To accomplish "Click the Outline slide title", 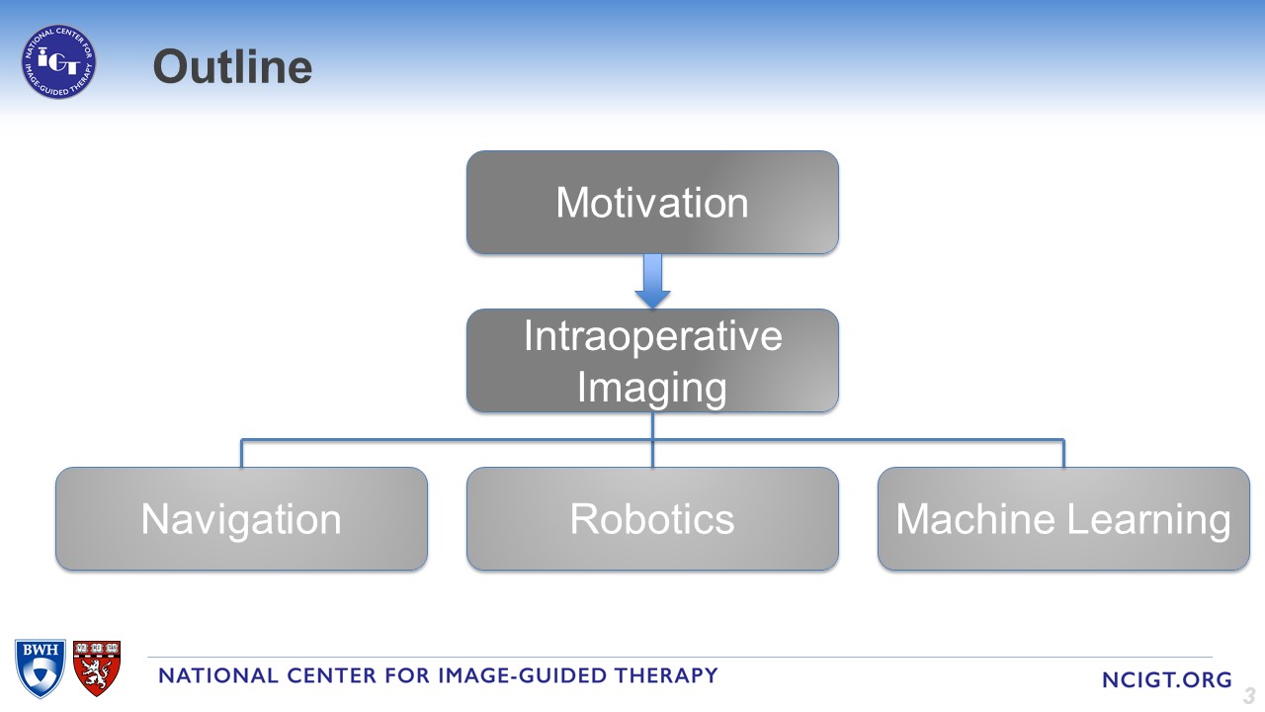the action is (232, 66).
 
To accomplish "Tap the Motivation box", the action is (652, 203).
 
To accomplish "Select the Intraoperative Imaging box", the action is (652, 361).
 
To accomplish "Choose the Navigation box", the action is (241, 519).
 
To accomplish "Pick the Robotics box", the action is (652, 519).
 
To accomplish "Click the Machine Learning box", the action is (1063, 519).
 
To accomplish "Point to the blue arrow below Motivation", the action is (652, 282).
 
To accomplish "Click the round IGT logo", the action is (58, 61).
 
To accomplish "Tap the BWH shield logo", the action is (41, 668).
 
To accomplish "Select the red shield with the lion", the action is (97, 668).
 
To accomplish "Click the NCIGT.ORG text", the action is (1167, 679).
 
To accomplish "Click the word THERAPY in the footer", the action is (666, 675).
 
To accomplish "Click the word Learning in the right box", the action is (1148, 520).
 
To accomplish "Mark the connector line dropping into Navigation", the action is (241, 453).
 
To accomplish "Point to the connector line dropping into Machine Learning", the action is (1064, 453).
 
